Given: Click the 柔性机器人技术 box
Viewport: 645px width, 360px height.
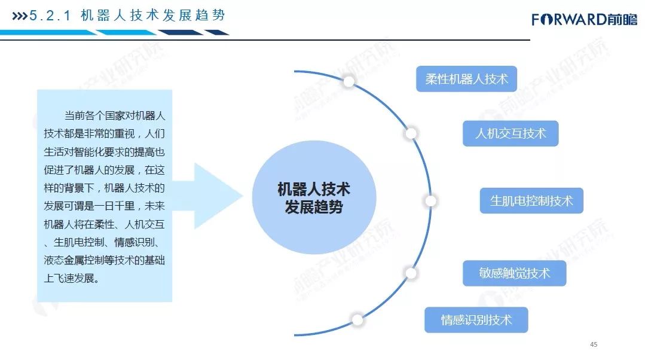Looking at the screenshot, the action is click(x=466, y=79).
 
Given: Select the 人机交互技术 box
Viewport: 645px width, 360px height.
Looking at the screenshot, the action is click(x=511, y=133).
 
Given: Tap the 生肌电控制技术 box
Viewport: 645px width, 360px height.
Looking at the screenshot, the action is click(x=531, y=201).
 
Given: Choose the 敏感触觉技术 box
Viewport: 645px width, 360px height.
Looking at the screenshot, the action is click(x=514, y=273).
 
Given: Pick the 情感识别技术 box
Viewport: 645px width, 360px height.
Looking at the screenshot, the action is click(x=476, y=319).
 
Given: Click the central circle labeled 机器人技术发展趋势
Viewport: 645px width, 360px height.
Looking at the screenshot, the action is click(x=314, y=198).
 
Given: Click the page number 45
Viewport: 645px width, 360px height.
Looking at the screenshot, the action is click(x=594, y=344).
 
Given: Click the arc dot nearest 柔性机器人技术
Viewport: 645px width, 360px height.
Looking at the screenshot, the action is click(x=349, y=81).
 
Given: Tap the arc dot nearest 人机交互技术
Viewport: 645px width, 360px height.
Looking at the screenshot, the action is click(x=411, y=133).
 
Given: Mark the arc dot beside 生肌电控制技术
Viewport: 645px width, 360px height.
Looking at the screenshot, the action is click(x=430, y=201).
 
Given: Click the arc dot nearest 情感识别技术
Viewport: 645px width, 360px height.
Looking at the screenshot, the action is click(x=357, y=319).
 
